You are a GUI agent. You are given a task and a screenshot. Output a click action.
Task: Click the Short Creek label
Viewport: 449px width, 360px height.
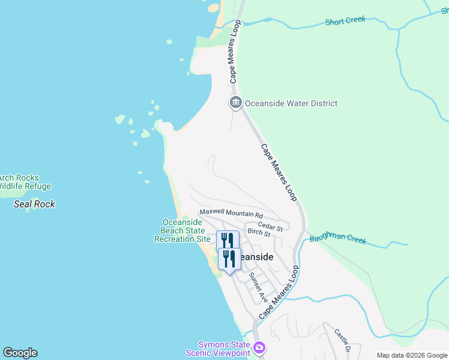pos(345,21)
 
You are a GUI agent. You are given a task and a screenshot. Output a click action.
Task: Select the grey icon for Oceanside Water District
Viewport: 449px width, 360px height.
pos(235,103)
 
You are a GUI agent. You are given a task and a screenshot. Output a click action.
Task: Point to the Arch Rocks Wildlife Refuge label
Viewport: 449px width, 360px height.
pos(24,182)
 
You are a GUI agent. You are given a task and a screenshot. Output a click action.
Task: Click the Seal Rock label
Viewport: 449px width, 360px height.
pos(34,204)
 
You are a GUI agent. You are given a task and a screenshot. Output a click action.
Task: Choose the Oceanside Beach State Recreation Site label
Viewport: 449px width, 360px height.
pos(182,230)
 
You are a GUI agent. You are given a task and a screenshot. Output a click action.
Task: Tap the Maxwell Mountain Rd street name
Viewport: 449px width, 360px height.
pos(232,214)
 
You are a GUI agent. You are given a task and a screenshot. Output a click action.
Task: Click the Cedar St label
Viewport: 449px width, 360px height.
pos(270,227)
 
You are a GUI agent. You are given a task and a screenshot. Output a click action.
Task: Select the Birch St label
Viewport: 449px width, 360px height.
pos(259,232)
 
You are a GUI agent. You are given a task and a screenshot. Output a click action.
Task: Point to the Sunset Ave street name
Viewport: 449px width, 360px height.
pos(258,287)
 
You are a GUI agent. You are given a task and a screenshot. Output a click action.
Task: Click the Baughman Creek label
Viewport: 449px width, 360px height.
pos(338,239)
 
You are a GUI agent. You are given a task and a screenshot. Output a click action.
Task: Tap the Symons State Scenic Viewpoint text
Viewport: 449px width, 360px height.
pos(224,349)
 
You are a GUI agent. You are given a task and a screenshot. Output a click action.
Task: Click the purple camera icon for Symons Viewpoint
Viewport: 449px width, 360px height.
pos(259,347)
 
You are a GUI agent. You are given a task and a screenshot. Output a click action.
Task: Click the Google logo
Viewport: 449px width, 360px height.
pos(20,353)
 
